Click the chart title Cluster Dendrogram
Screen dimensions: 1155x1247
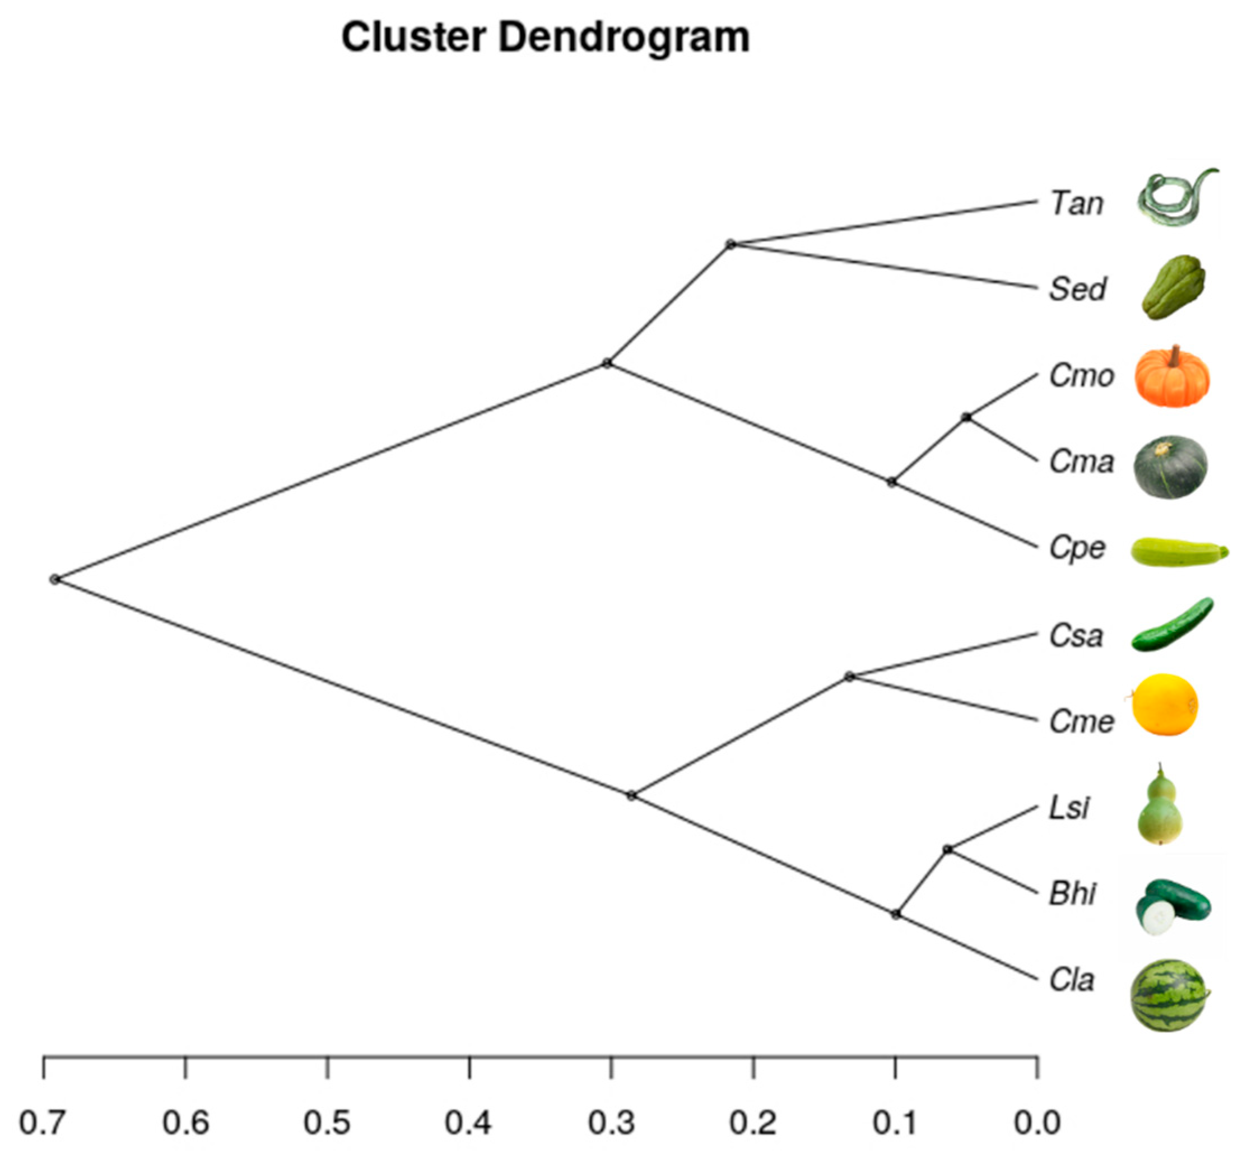pyautogui.click(x=545, y=38)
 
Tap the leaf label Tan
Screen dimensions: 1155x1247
pyautogui.click(x=1076, y=204)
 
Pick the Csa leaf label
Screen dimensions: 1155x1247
pyautogui.click(x=1076, y=636)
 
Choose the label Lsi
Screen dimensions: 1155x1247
pyautogui.click(x=1069, y=808)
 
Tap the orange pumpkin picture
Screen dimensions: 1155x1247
pyautogui.click(x=1172, y=377)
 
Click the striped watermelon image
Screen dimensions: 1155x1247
pyautogui.click(x=1169, y=995)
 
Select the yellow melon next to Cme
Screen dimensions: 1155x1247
pyautogui.click(x=1165, y=705)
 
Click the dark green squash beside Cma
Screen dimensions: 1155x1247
pyautogui.click(x=1171, y=467)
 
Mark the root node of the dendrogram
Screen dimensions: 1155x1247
pyautogui.click(x=55, y=579)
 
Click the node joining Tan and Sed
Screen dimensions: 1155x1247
pyautogui.click(x=730, y=244)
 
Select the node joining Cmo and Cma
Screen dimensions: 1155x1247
pyautogui.click(x=966, y=417)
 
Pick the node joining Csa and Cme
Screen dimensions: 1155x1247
pyautogui.click(x=849, y=676)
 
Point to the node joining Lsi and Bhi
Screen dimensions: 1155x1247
pyautogui.click(x=948, y=849)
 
